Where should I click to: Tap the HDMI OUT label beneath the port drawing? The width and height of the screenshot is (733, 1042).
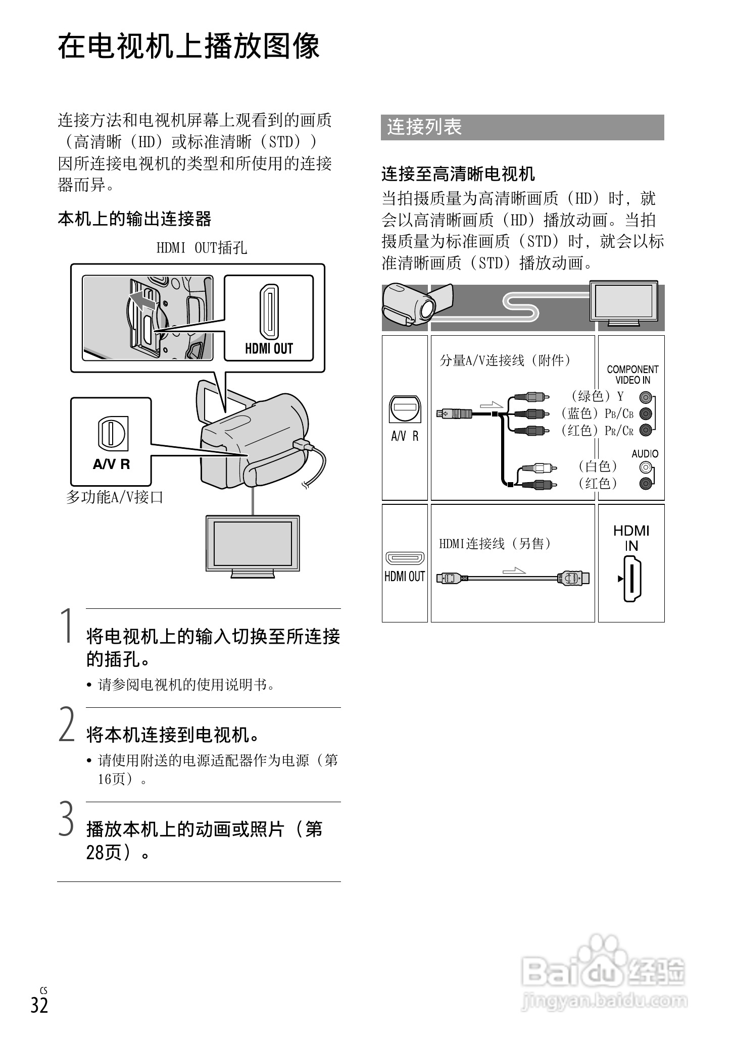coord(269,348)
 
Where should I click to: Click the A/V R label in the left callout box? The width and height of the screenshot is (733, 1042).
coord(111,464)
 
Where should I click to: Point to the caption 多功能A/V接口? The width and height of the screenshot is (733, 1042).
coord(115,497)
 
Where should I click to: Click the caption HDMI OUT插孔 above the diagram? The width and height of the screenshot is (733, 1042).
coord(202,248)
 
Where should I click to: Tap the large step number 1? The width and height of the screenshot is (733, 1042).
coord(67,626)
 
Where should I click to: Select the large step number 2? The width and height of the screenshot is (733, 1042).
coord(67,724)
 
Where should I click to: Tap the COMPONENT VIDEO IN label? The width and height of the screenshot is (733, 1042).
coord(632,375)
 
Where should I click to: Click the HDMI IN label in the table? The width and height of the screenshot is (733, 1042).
coord(631,538)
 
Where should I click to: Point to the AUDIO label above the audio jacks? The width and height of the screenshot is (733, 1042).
coord(645,454)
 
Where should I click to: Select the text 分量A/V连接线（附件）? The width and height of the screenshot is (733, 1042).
coord(505,360)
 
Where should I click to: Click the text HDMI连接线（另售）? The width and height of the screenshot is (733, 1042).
coord(495,544)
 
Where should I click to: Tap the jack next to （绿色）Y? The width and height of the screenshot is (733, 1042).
coord(645,397)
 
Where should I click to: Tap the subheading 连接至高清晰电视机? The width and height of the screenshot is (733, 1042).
coord(458,174)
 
